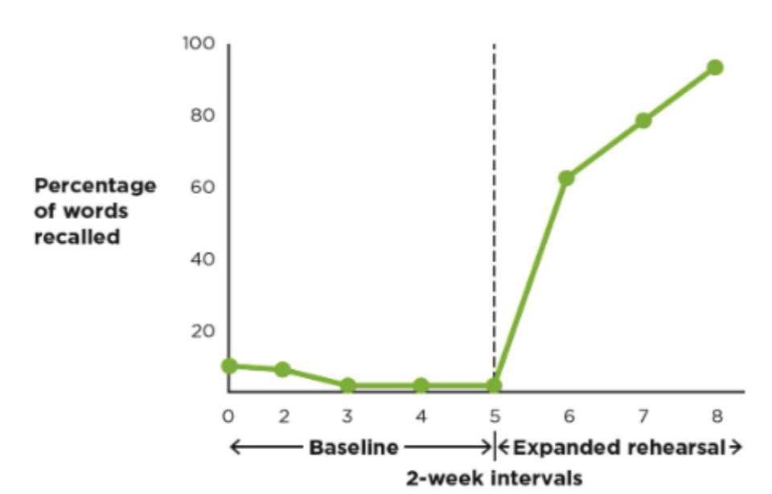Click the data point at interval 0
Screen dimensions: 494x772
click(229, 366)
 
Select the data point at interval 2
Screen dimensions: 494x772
click(282, 369)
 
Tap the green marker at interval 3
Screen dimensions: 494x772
click(347, 385)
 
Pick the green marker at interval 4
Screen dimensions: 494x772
click(421, 385)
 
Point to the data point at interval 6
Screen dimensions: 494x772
click(567, 178)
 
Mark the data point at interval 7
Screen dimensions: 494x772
click(643, 121)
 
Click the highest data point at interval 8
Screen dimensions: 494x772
click(715, 68)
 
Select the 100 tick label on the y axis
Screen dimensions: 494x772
click(198, 43)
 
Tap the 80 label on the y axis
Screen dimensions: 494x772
click(201, 116)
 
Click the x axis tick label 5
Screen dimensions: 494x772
click(494, 416)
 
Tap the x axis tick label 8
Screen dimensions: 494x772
click(717, 416)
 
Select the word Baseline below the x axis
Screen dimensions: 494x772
click(354, 447)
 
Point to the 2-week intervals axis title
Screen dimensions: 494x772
click(493, 478)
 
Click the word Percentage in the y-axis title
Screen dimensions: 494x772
click(95, 186)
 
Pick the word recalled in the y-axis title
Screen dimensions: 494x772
click(76, 237)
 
